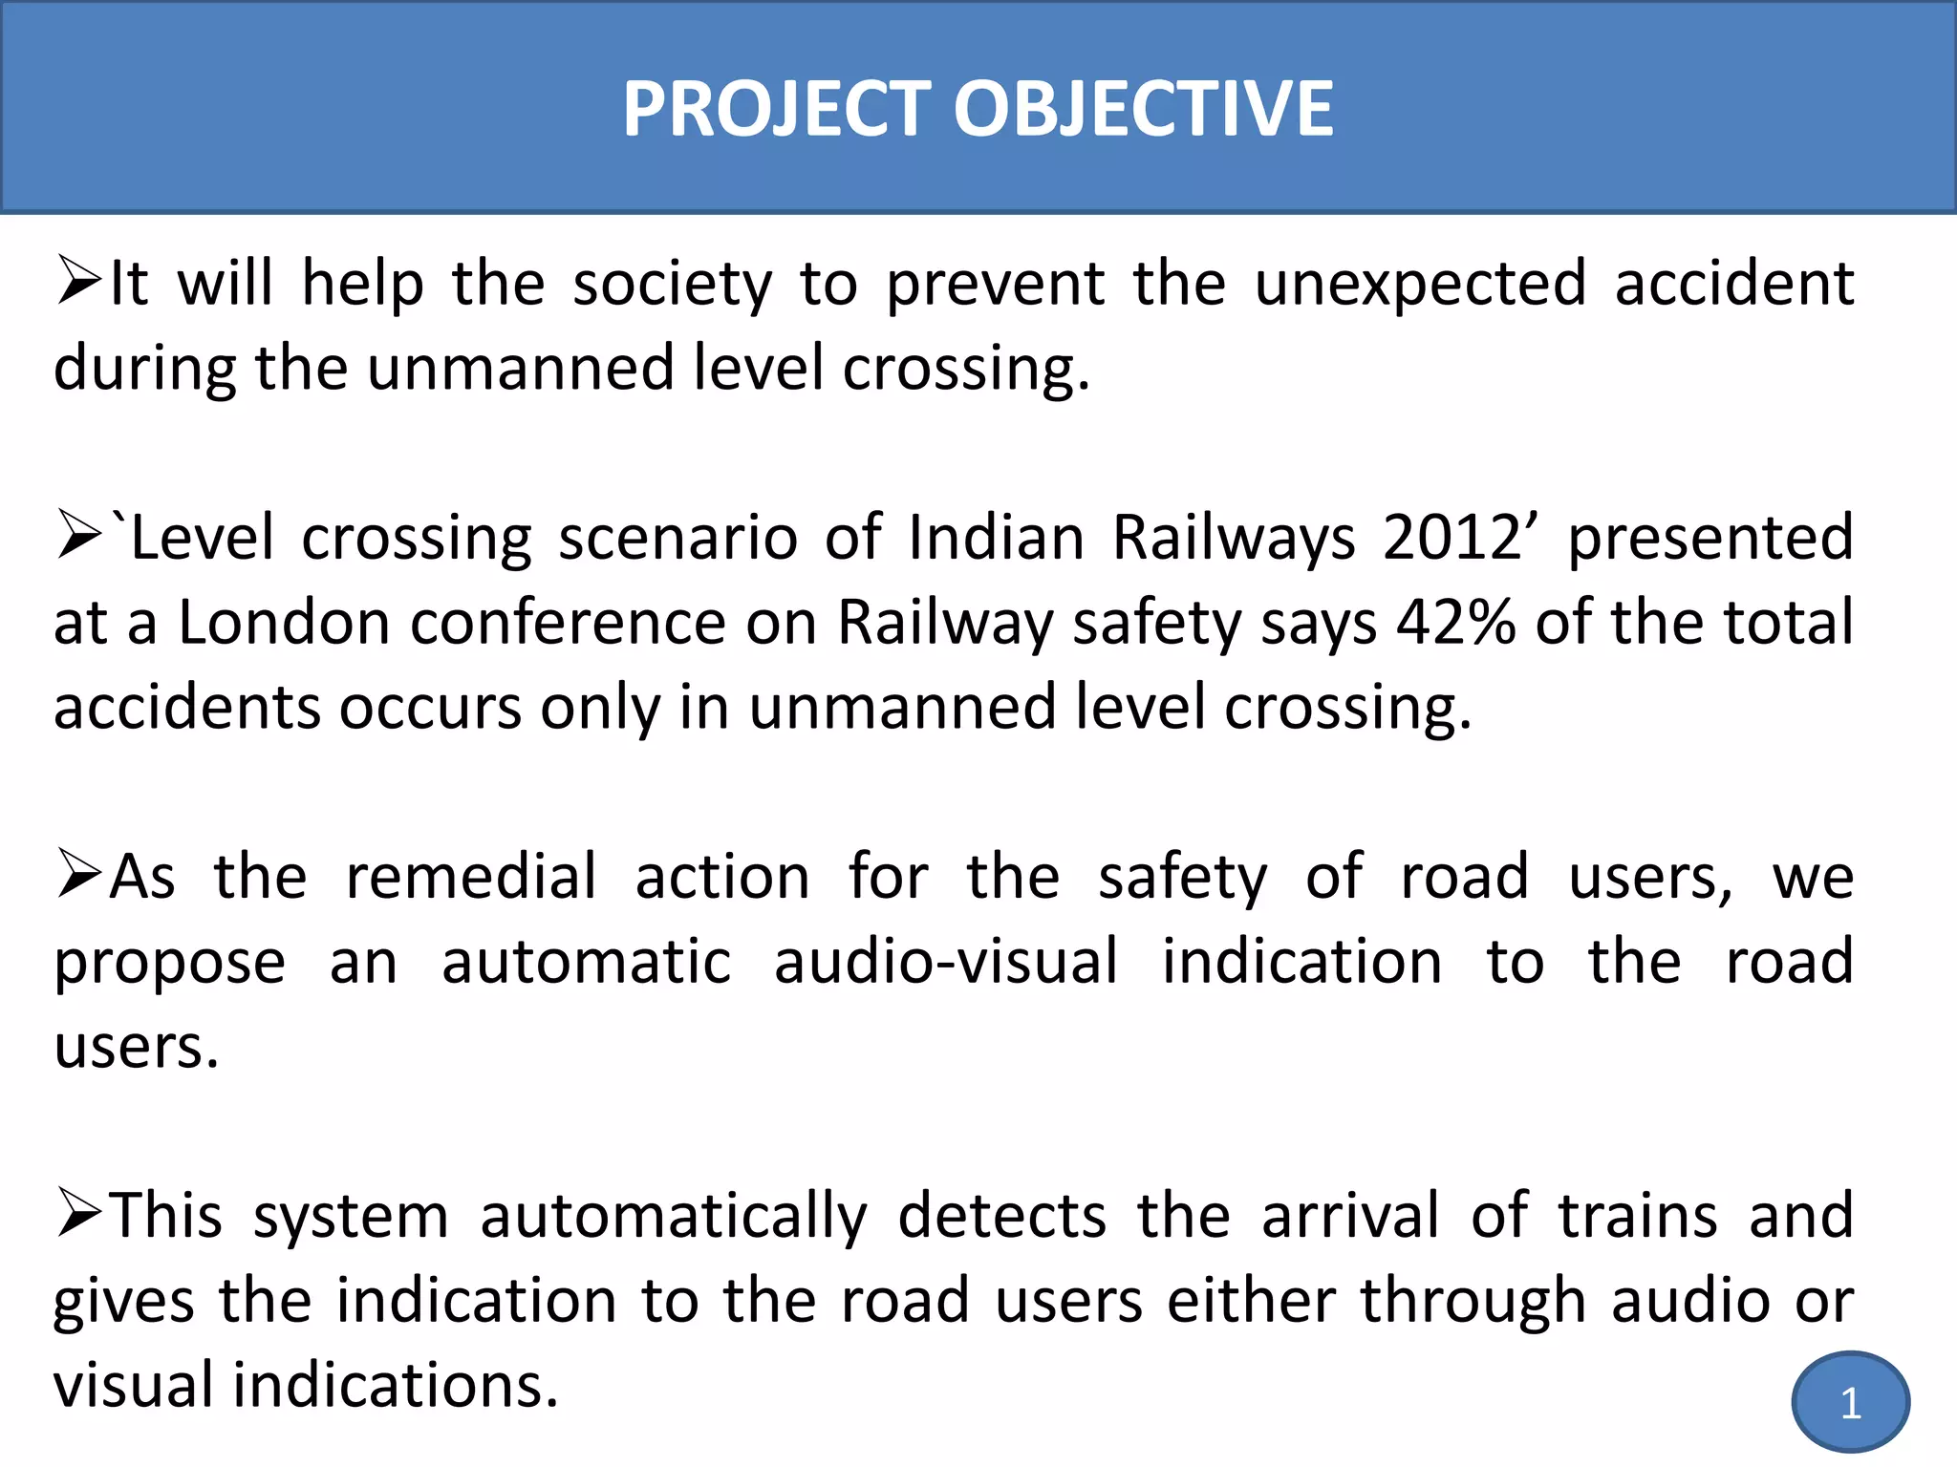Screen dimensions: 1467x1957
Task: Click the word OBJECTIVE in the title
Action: click(x=1143, y=109)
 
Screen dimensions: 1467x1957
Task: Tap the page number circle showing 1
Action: click(x=1850, y=1402)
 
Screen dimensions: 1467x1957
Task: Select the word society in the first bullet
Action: click(x=672, y=285)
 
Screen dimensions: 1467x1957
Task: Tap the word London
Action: click(x=284, y=623)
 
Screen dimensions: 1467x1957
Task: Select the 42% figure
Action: click(x=1455, y=623)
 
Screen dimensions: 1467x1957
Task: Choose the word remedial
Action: click(x=471, y=877)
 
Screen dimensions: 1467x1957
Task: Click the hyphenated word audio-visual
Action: click(x=945, y=962)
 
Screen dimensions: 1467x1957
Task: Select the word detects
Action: click(x=1001, y=1216)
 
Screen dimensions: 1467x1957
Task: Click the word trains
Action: click(x=1638, y=1216)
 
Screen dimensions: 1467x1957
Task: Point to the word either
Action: click(x=1250, y=1301)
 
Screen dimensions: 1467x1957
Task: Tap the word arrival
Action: click(x=1349, y=1216)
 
